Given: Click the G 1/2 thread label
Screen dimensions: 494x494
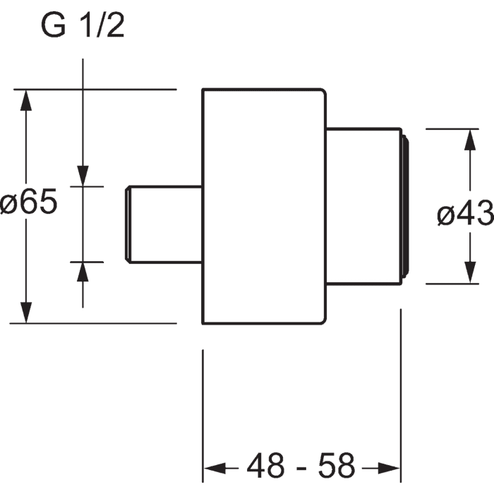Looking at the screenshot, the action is click(83, 26).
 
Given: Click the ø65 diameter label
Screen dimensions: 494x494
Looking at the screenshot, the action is click(29, 202).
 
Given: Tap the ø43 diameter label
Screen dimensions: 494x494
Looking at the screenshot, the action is click(465, 212).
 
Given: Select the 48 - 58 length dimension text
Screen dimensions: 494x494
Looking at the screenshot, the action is click(301, 466).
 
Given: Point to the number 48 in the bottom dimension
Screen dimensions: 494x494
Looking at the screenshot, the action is click(265, 466).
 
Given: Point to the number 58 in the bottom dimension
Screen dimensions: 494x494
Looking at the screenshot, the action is click(337, 466).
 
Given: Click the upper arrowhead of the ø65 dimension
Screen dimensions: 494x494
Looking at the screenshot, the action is click(26, 100).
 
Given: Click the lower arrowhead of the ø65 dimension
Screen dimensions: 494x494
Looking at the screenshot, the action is click(26, 313).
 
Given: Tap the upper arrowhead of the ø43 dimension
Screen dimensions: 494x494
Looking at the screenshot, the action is click(470, 140).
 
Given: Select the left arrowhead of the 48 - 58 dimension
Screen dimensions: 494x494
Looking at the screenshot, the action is click(215, 468).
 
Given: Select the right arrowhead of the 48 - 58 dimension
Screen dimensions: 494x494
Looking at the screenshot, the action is click(389, 468).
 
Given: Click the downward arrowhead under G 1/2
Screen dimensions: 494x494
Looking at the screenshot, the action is click(83, 176).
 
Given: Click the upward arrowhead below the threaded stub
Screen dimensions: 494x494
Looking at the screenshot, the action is click(83, 272).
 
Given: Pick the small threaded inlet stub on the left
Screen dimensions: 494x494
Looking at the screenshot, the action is click(164, 224).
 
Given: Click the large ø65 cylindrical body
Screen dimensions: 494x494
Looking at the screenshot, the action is click(264, 206).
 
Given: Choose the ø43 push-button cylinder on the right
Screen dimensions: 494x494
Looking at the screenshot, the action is click(364, 207).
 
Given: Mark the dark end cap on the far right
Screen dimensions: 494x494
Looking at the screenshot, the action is click(406, 207).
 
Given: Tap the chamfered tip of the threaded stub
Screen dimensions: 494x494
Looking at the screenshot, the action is click(128, 224).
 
